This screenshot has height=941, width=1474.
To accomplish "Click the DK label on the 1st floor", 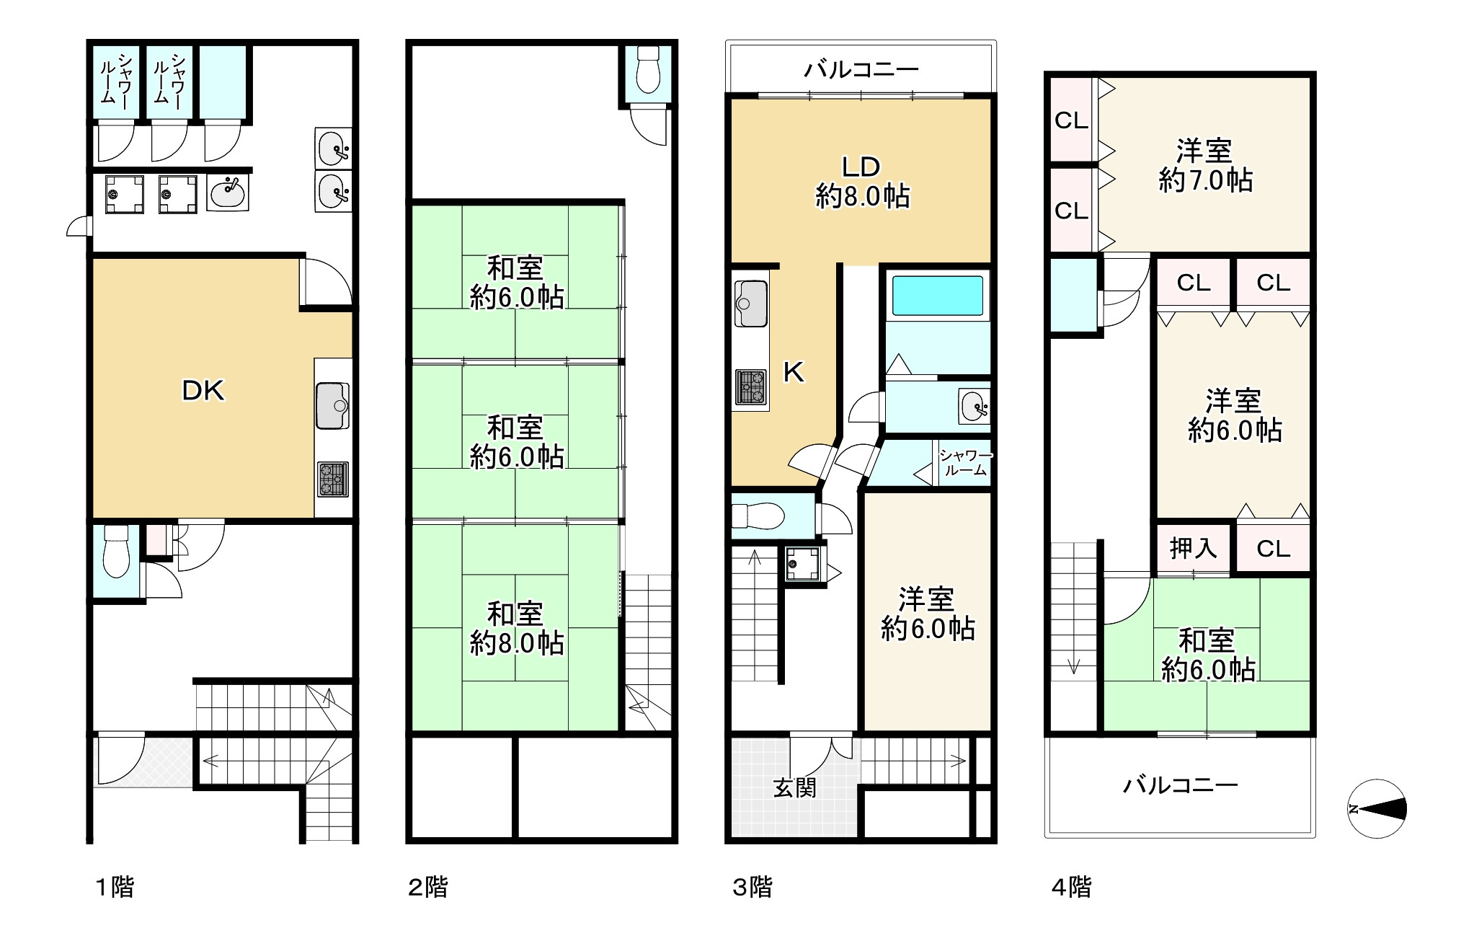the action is [203, 391].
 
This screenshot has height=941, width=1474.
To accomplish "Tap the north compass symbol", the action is [1377, 808].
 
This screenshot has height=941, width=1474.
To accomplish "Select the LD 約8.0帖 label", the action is [862, 182].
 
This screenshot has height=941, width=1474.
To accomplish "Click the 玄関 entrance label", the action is [795, 787].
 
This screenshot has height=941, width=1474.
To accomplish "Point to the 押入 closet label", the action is [1194, 549].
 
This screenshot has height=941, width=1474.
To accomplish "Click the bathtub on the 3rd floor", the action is [938, 296].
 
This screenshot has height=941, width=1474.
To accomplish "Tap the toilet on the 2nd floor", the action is [649, 70].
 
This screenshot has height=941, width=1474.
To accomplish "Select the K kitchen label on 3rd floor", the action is [794, 372].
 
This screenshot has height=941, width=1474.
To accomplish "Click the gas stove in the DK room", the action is [332, 479].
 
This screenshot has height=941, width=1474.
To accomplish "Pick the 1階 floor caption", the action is [115, 887].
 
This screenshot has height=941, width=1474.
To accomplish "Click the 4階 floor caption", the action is [1071, 887].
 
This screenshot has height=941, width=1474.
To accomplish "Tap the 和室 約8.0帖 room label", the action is [516, 628].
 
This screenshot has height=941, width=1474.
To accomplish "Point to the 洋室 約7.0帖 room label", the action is [1205, 165].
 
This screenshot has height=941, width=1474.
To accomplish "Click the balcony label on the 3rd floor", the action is [862, 70].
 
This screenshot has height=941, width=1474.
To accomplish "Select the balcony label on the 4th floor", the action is [1181, 785].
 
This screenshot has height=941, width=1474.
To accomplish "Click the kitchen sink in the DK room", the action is [332, 405].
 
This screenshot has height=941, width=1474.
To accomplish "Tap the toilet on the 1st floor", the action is [115, 552].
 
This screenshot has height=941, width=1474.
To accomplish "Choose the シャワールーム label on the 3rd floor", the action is [965, 462].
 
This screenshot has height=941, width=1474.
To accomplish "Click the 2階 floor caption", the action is [428, 887].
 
